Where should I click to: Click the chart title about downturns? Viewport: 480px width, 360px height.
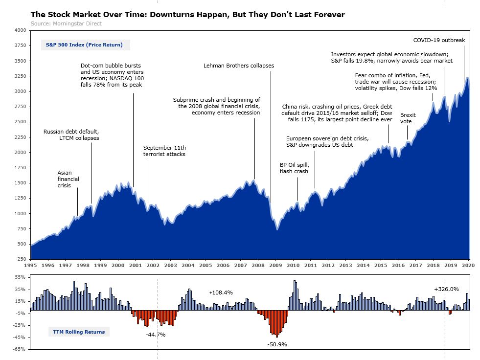pos(187,15)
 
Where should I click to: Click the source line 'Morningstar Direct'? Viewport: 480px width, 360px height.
pos(66,23)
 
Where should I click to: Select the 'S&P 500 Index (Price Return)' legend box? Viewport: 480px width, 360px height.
pos(85,45)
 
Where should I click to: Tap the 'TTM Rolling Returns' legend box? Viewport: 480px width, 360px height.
pos(79,332)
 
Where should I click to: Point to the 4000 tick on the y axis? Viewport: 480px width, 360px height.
pos(20,30)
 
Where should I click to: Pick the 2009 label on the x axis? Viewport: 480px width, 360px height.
pos(275,265)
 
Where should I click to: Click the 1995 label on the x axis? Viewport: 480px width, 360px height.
pos(30,265)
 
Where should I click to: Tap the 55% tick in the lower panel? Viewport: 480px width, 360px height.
pos(21,277)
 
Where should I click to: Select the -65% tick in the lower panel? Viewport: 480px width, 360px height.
pos(20,349)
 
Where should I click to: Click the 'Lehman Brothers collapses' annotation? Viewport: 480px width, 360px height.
pos(239,66)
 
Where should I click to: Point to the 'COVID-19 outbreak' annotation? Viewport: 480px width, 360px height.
pos(439,40)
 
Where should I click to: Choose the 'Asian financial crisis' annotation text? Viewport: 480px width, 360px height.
pos(68,179)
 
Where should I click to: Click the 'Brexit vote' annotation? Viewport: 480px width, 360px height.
pos(408,118)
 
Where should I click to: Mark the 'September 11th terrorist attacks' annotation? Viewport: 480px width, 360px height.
pos(164,151)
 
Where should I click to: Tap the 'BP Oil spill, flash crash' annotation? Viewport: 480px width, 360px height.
pos(295,168)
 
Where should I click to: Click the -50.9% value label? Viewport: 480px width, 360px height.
pos(277,344)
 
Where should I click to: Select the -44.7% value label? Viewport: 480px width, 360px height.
pos(156,335)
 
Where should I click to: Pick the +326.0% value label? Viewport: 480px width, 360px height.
pos(446,289)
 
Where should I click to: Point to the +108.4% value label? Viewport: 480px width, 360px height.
pos(221,292)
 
